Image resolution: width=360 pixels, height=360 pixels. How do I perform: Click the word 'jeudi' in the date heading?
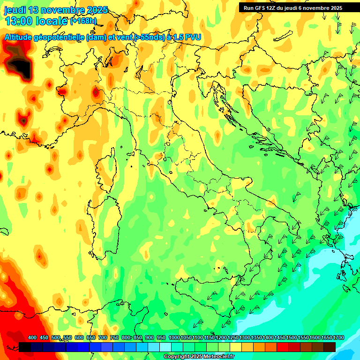[15, 10]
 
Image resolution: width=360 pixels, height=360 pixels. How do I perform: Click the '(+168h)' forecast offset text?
[83, 21]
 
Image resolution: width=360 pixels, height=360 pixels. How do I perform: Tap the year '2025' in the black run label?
[333, 8]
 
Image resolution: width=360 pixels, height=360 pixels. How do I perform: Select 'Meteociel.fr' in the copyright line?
[219, 357]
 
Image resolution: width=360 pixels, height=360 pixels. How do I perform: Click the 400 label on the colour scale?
[32, 338]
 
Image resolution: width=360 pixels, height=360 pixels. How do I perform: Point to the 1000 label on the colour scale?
[174, 338]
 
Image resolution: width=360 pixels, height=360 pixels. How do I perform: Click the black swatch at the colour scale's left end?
[25, 347]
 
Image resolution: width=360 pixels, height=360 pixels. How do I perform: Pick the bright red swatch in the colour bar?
[283, 347]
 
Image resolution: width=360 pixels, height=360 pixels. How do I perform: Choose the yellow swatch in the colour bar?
[236, 347]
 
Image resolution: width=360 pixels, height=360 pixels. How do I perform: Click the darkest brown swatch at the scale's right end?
[330, 347]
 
